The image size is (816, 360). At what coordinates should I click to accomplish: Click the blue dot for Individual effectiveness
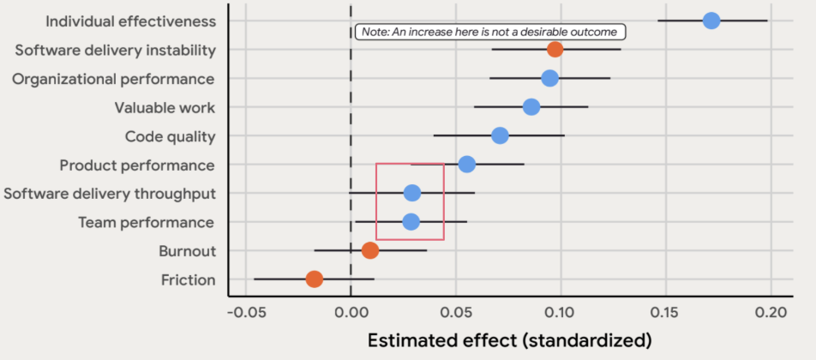[711, 21]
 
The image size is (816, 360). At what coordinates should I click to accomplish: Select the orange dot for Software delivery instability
[555, 50]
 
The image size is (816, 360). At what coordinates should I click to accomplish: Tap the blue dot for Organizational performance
[549, 78]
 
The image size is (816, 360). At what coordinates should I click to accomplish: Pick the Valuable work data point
[531, 107]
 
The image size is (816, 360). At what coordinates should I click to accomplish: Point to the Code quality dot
[500, 135]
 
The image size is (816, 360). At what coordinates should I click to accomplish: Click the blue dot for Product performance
[466, 164]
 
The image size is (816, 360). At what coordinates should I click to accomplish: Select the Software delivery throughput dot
[412, 193]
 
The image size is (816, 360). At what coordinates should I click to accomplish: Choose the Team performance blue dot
[411, 222]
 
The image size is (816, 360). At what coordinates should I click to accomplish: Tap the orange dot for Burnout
[369, 250]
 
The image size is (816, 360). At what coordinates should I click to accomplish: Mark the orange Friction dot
[315, 279]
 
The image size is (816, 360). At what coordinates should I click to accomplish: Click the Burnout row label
[187, 251]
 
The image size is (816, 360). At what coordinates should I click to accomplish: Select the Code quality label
[170, 136]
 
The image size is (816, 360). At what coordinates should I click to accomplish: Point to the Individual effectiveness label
[129, 21]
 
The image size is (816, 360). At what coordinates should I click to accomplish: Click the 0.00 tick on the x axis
[351, 312]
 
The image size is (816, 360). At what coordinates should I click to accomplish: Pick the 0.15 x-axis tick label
[665, 312]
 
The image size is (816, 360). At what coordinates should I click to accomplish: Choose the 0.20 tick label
[770, 312]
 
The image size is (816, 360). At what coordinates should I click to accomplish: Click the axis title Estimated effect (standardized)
[509, 340]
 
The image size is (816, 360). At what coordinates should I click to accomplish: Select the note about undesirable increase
[489, 33]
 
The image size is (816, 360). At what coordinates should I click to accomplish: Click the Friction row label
[189, 280]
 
